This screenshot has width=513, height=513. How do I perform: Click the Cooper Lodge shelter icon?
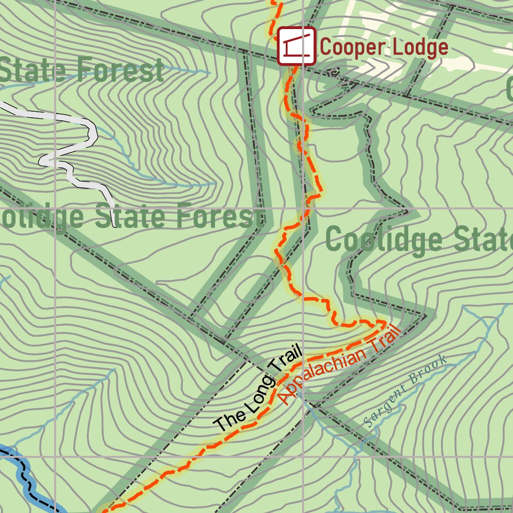tap(296, 46)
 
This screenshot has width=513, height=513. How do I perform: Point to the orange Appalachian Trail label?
tap(340, 364)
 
